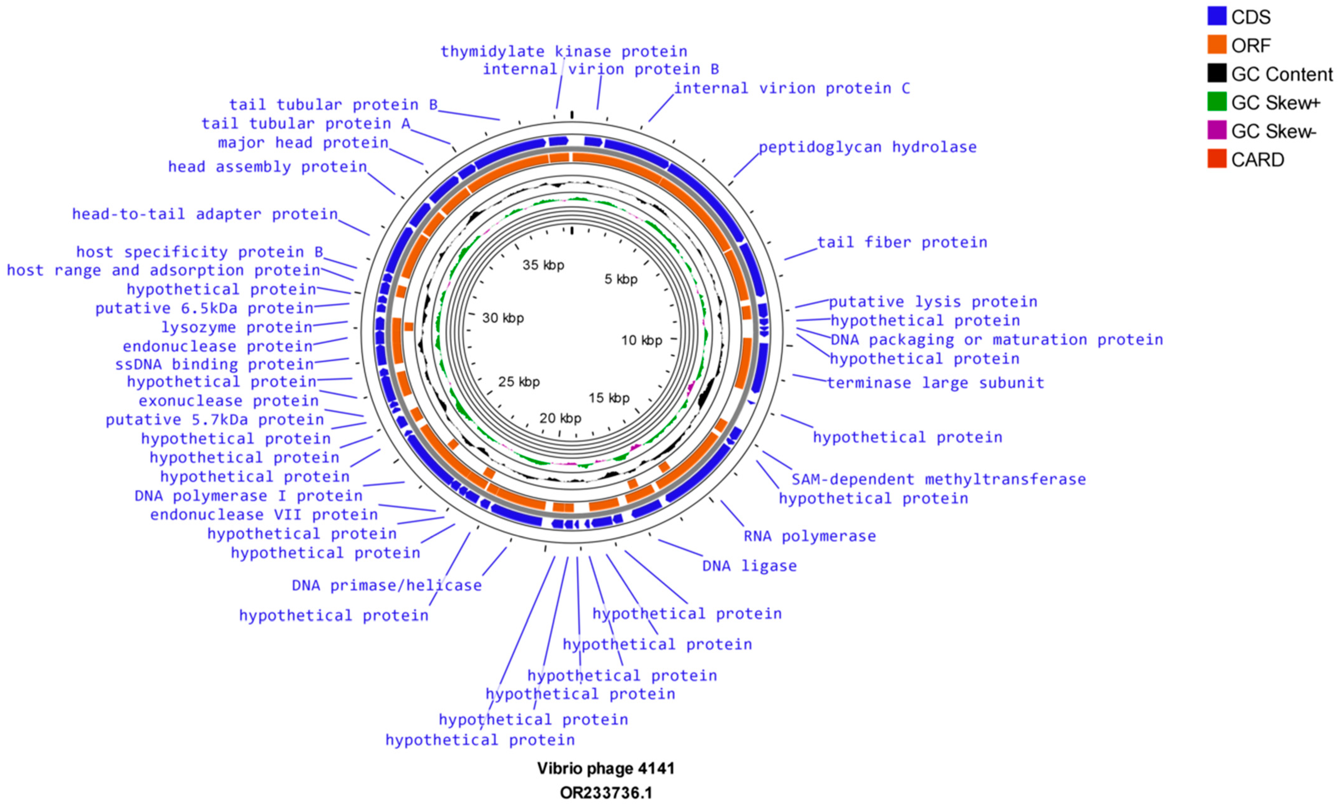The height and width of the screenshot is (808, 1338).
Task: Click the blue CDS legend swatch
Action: (x=1217, y=16)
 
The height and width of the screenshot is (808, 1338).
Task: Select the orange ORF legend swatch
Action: (x=1217, y=45)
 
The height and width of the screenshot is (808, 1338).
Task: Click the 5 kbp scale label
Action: (x=621, y=279)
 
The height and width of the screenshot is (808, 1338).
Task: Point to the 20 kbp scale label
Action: (x=560, y=418)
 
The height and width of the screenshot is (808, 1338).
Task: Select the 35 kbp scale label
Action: (x=543, y=265)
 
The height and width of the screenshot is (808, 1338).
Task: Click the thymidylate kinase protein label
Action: (x=564, y=52)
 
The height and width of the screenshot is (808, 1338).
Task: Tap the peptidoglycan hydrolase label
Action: (x=867, y=147)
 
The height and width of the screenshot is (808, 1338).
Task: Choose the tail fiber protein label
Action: (x=902, y=242)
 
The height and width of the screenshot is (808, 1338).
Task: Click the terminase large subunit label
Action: (x=935, y=383)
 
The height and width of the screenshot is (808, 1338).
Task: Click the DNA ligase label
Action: (x=749, y=566)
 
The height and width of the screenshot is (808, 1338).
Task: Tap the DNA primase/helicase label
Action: (x=387, y=585)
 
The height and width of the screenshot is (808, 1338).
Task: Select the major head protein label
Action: (x=303, y=143)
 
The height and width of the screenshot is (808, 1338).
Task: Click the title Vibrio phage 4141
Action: (x=606, y=768)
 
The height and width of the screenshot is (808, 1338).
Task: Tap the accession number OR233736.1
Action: (x=606, y=793)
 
